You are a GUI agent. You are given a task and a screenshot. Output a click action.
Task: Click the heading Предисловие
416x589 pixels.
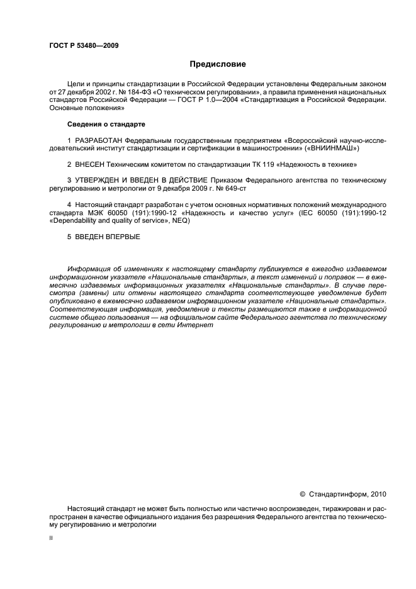point(218,64)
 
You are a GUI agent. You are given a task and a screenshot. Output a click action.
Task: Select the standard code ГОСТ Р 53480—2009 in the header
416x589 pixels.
point(84,45)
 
